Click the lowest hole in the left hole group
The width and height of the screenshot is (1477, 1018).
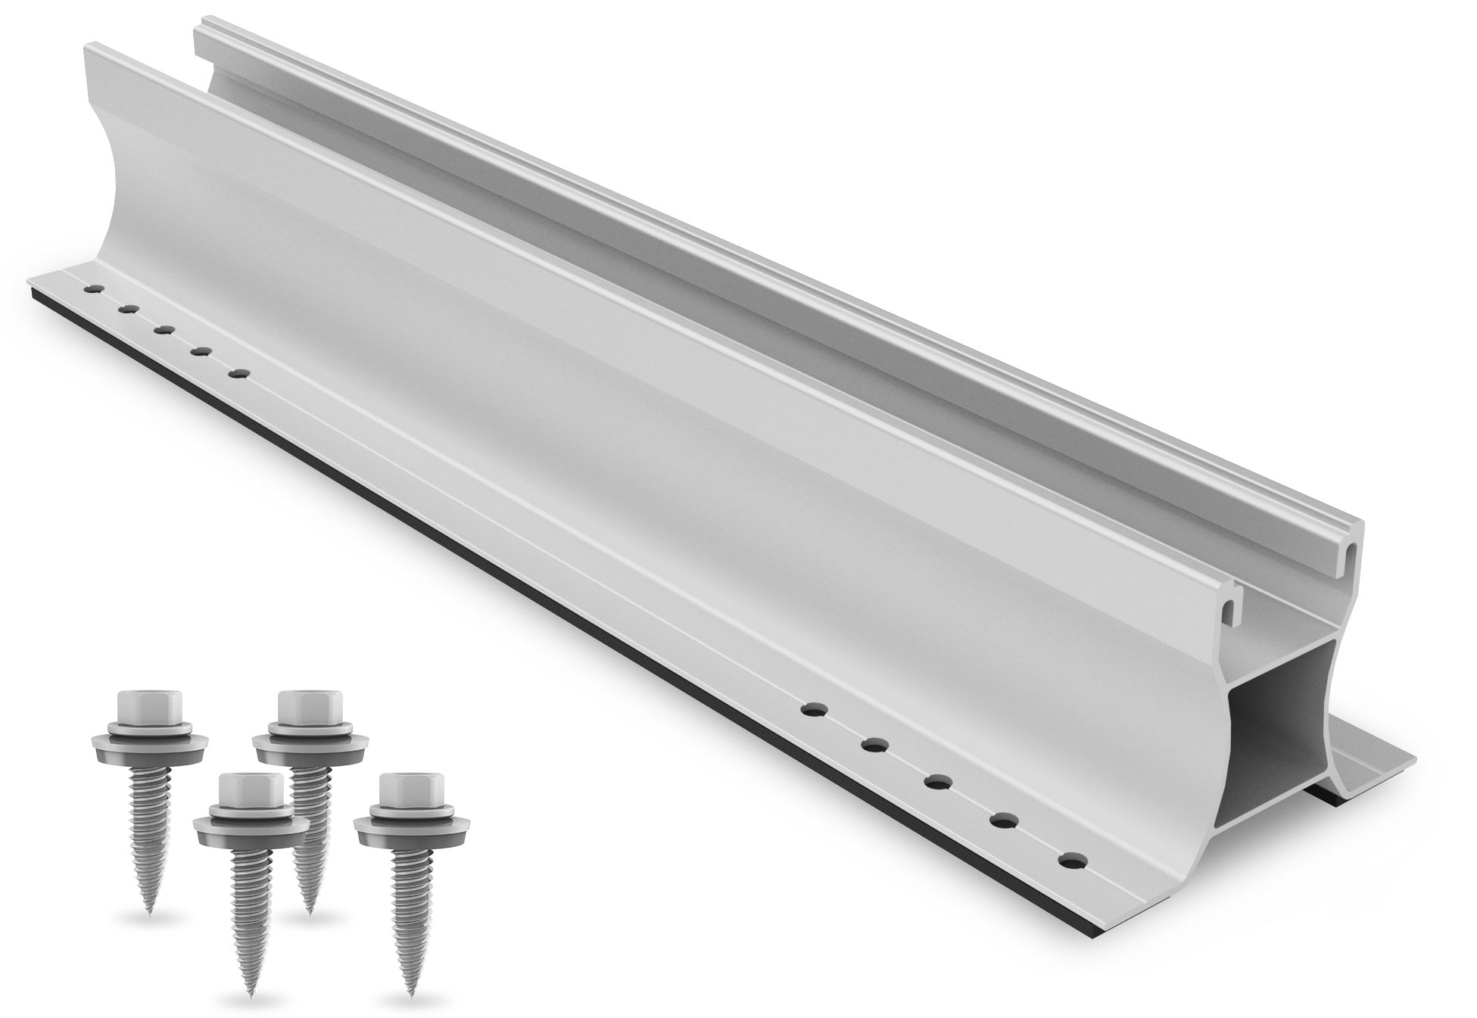coord(241,373)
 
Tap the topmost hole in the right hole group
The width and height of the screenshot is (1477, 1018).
coord(812,710)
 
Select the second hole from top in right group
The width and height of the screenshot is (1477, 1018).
coord(874,746)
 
